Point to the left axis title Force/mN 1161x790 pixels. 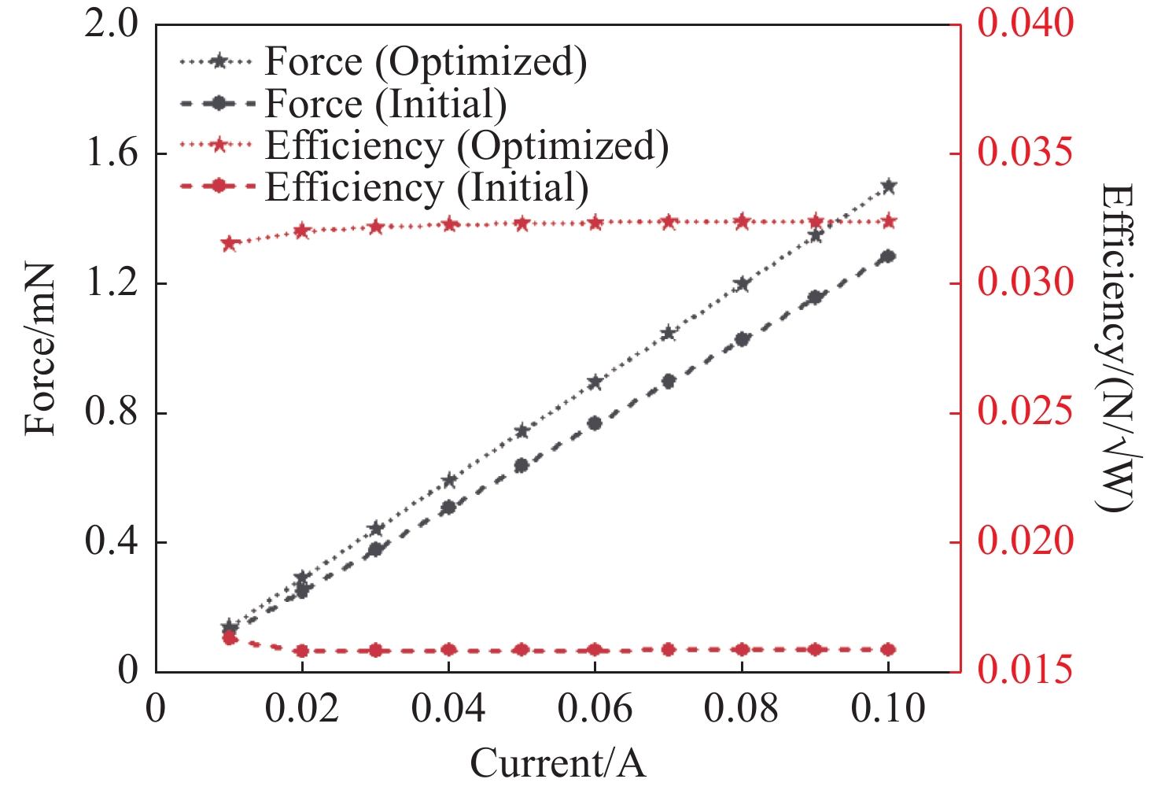[41, 349]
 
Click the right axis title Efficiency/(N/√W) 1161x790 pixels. [1115, 348]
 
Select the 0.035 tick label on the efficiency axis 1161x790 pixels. [1025, 153]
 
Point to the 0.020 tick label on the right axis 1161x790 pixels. [1025, 542]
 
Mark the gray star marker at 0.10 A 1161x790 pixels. [889, 186]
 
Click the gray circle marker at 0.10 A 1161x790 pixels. [889, 257]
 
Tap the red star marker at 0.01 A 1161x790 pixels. [230, 243]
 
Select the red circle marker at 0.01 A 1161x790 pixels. [230, 637]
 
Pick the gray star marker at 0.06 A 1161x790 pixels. [595, 382]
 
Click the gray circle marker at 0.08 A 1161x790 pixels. [742, 339]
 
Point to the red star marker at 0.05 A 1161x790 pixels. [522, 223]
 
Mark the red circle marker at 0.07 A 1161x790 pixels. [669, 649]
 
